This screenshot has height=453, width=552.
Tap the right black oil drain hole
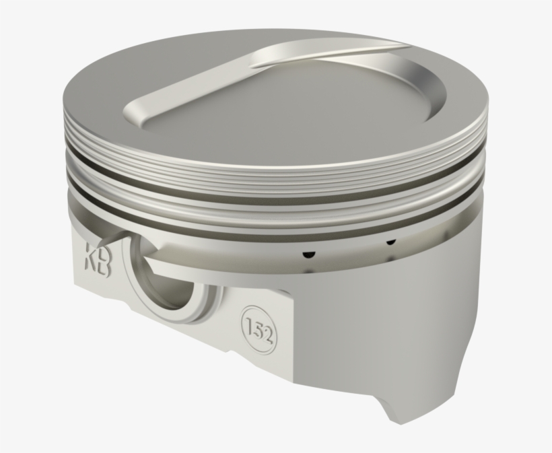click(x=390, y=240)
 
